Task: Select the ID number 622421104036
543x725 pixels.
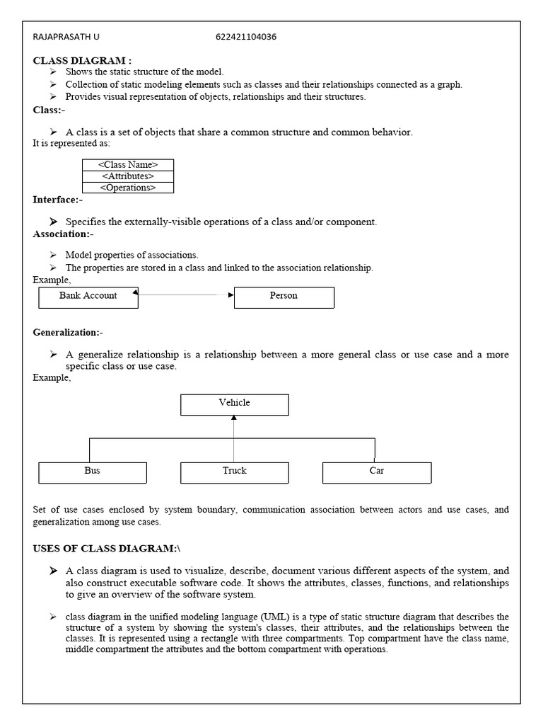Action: tap(246, 38)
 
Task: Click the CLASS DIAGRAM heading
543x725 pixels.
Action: tap(82, 60)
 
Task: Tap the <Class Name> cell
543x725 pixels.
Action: tap(128, 165)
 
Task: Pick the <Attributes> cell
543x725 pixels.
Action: tap(128, 176)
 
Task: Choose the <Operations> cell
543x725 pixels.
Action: tap(128, 188)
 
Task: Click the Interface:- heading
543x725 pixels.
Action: tap(58, 200)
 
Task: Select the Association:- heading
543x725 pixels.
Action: tap(63, 234)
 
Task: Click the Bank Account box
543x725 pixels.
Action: tap(88, 297)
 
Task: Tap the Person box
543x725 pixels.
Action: tap(284, 297)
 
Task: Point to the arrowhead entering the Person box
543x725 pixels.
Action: tap(230, 295)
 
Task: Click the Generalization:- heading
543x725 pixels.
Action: tap(68, 332)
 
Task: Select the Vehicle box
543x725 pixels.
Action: tap(234, 404)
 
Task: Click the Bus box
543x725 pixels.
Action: tap(92, 472)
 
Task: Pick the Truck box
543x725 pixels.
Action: tap(234, 472)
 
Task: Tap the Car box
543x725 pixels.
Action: tap(377, 472)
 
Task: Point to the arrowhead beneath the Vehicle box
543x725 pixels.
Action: tap(234, 418)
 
